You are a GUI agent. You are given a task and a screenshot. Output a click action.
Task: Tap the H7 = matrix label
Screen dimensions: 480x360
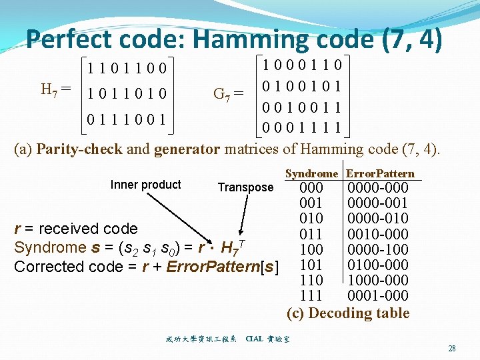click(57, 89)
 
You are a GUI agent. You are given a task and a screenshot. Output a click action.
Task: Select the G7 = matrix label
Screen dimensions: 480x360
click(227, 93)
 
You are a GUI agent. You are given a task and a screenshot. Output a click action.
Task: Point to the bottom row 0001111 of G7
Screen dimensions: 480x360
click(302, 127)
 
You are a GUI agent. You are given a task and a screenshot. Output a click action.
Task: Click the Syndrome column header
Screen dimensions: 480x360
click(311, 174)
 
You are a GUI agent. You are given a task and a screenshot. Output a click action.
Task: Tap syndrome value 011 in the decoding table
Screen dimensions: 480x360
click(311, 234)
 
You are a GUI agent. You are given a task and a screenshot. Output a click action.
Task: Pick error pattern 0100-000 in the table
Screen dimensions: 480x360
click(378, 265)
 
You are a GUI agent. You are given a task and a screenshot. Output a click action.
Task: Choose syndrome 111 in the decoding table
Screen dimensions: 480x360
click(311, 295)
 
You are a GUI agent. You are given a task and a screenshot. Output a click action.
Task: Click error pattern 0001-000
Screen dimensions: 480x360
click(378, 295)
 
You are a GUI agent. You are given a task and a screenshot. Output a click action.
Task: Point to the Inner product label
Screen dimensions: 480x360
click(145, 185)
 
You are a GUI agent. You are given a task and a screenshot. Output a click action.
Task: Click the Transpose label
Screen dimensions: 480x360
click(245, 187)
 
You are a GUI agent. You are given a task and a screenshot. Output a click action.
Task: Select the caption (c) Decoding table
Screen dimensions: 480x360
click(348, 313)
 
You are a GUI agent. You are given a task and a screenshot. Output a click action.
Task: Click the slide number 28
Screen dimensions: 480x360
click(452, 348)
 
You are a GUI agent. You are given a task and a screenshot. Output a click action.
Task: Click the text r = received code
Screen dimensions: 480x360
click(76, 229)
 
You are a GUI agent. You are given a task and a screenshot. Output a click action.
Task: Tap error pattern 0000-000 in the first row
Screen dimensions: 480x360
click(378, 188)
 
